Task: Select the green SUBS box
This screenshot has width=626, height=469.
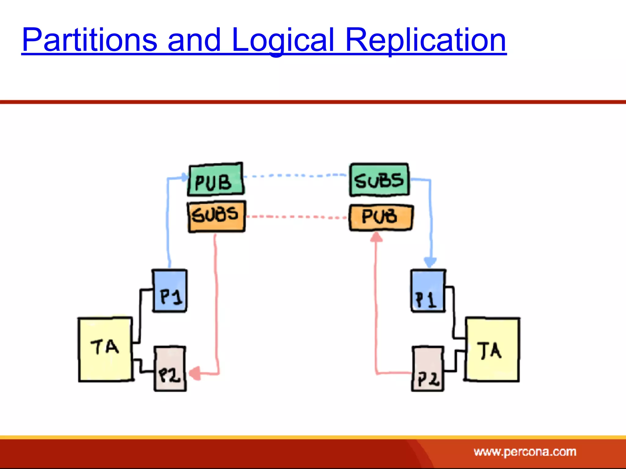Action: pyautogui.click(x=379, y=180)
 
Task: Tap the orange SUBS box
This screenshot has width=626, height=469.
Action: pyautogui.click(x=216, y=216)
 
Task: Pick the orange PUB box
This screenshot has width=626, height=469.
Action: pyautogui.click(x=381, y=217)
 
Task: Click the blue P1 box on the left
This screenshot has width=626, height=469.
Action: pyautogui.click(x=170, y=291)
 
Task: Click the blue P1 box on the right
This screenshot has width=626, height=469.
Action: pyautogui.click(x=428, y=291)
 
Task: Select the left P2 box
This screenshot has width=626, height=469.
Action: pyautogui.click(x=170, y=369)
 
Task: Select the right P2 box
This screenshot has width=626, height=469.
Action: pyautogui.click(x=427, y=369)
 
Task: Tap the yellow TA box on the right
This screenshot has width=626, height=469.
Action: pyautogui.click(x=492, y=350)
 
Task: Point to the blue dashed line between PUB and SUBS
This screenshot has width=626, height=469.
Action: pyautogui.click(x=295, y=176)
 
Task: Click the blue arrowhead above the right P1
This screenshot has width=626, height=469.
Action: pyautogui.click(x=430, y=262)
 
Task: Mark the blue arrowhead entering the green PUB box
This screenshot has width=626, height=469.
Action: pyautogui.click(x=184, y=177)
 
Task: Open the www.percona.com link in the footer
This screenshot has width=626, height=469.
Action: pyautogui.click(x=525, y=452)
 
